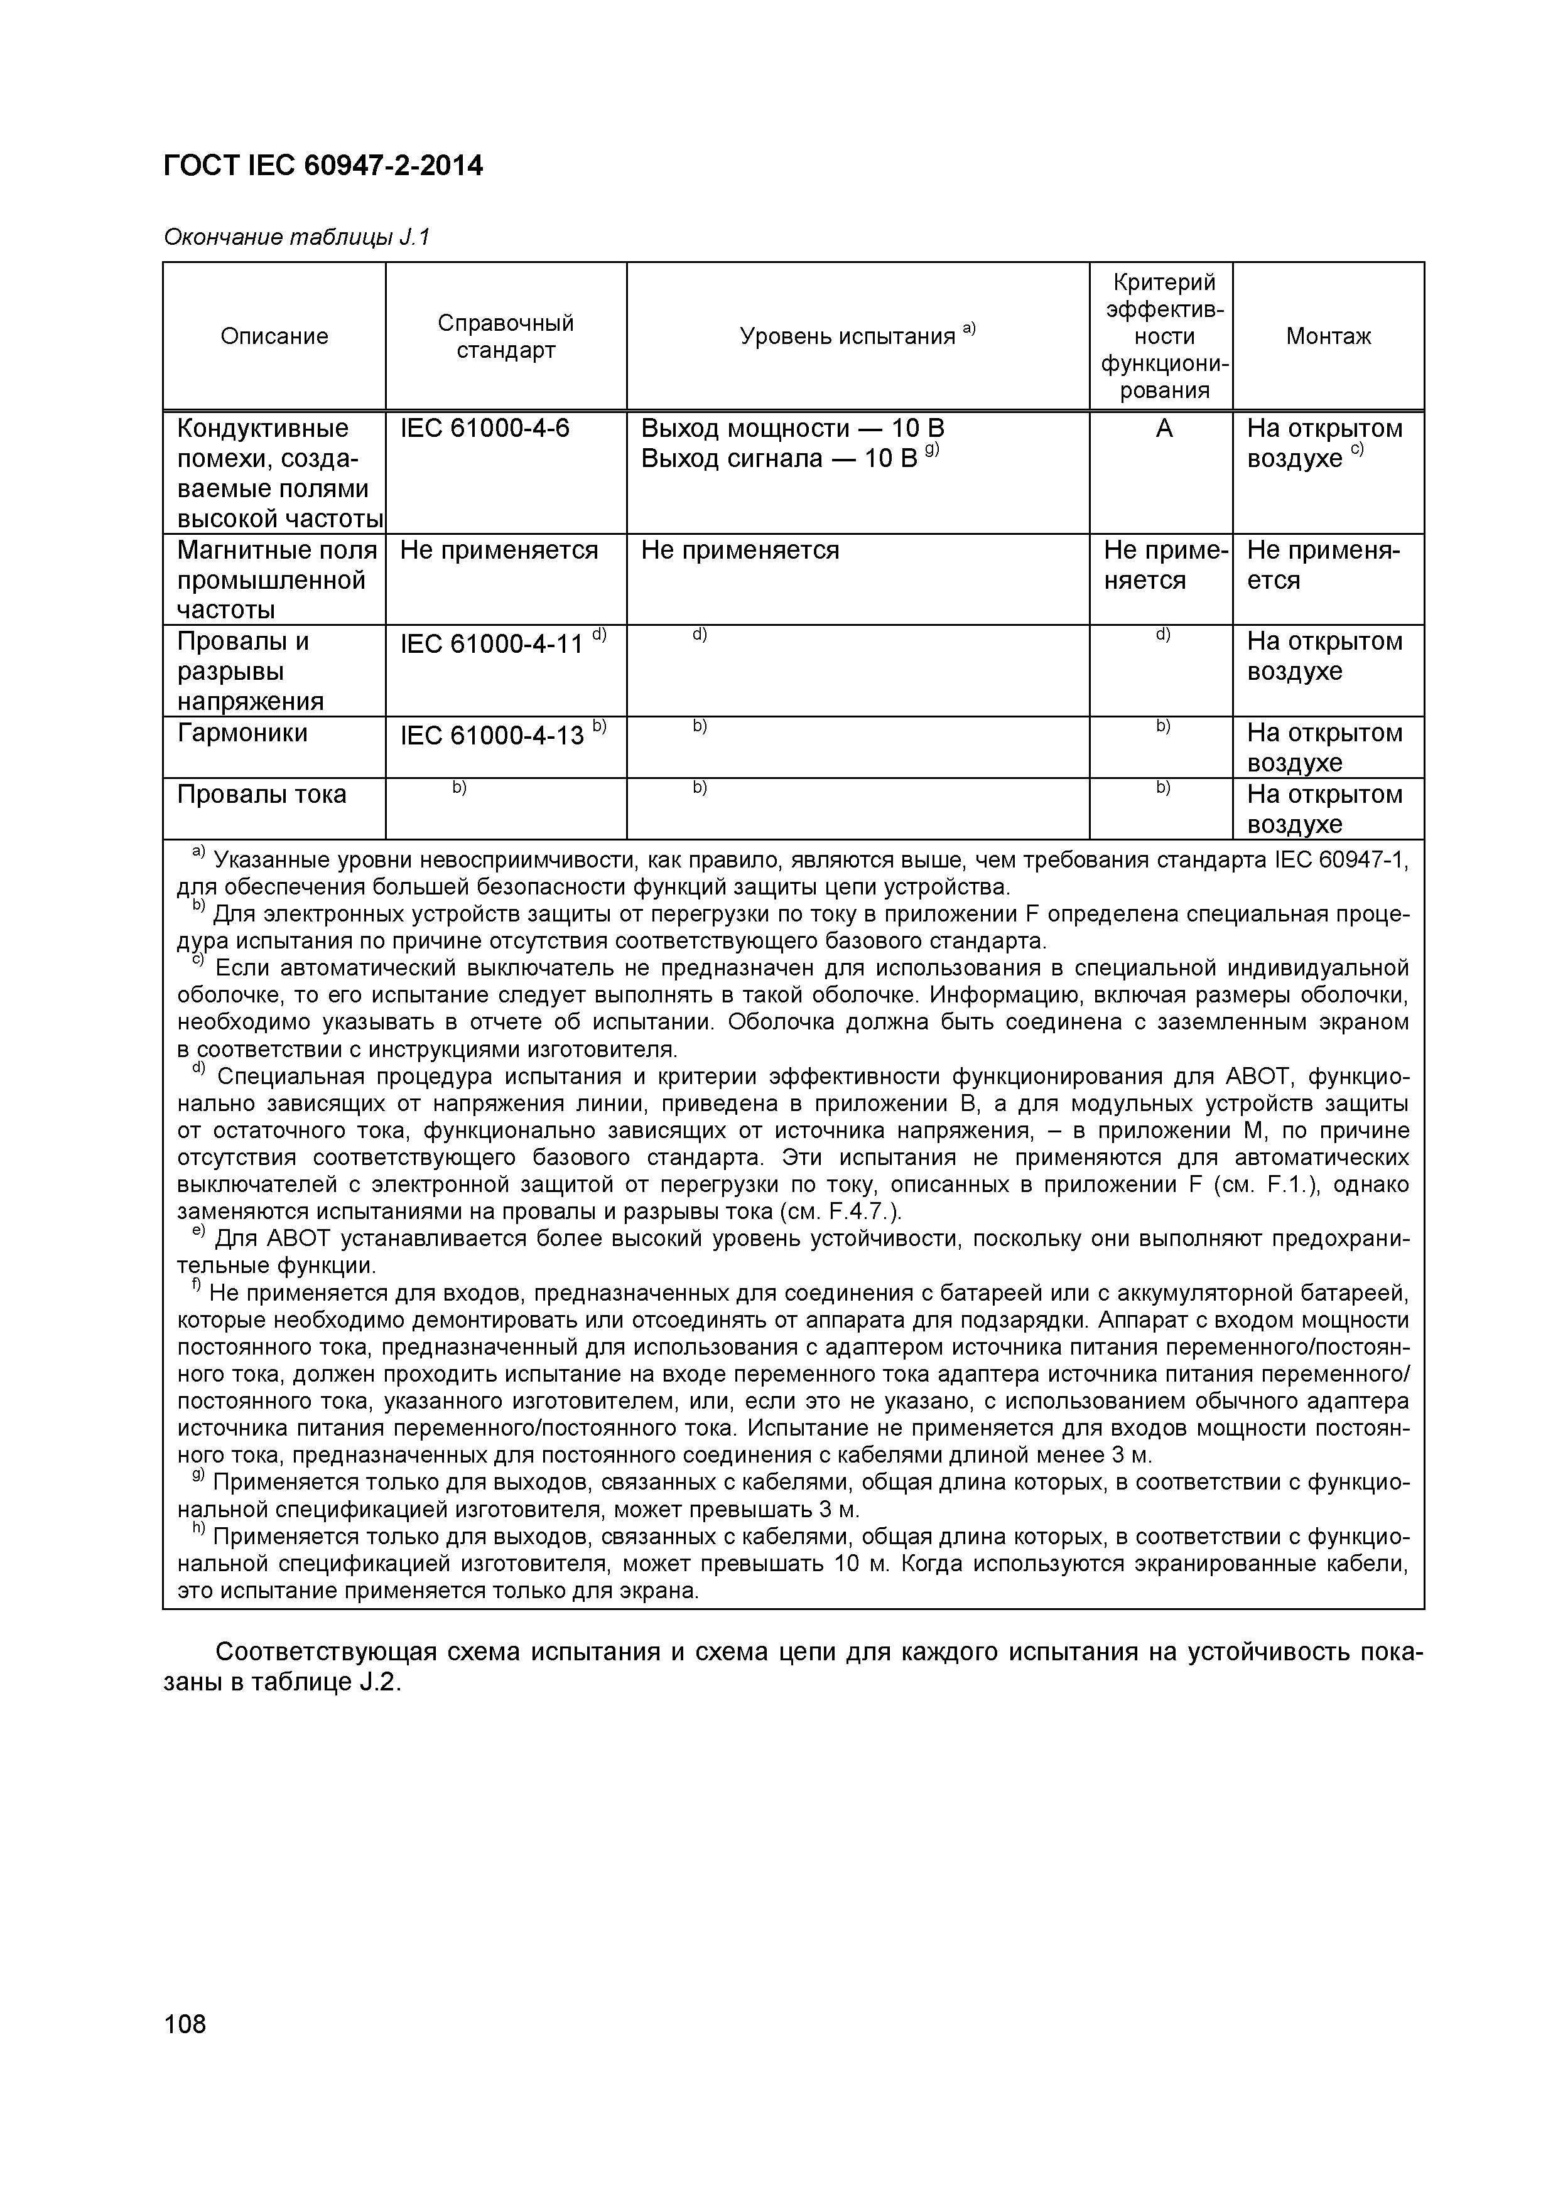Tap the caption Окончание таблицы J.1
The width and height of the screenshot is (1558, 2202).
coord(296,237)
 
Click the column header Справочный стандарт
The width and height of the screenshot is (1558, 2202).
coord(506,336)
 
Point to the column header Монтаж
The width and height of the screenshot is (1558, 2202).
coord(1328,336)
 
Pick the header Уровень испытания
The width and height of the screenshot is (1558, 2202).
coord(856,336)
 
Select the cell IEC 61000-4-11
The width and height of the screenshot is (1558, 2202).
coord(491,643)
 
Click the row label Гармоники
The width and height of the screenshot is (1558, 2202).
coord(243,734)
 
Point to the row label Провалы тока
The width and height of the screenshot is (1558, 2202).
coord(262,795)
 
